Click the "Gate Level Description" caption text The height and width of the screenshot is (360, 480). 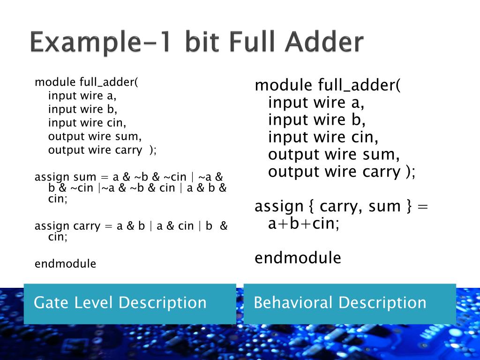[120, 303]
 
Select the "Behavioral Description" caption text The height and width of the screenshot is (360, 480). [340, 303]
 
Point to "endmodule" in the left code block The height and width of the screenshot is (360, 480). [65, 264]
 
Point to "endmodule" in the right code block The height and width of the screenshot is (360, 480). [298, 258]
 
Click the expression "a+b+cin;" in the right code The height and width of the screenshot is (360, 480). [304, 224]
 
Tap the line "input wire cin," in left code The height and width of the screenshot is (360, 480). [87, 123]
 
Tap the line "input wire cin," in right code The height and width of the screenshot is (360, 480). [323, 137]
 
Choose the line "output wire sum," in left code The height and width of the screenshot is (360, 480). [95, 136]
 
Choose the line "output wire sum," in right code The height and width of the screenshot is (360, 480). [334, 154]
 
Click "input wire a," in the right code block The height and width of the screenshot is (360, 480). [316, 103]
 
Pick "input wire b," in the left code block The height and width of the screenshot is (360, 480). [82, 109]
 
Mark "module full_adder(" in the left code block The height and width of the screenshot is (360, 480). [87, 82]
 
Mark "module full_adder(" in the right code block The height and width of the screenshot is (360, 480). [328, 86]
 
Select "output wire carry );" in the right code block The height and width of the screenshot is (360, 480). [342, 172]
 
